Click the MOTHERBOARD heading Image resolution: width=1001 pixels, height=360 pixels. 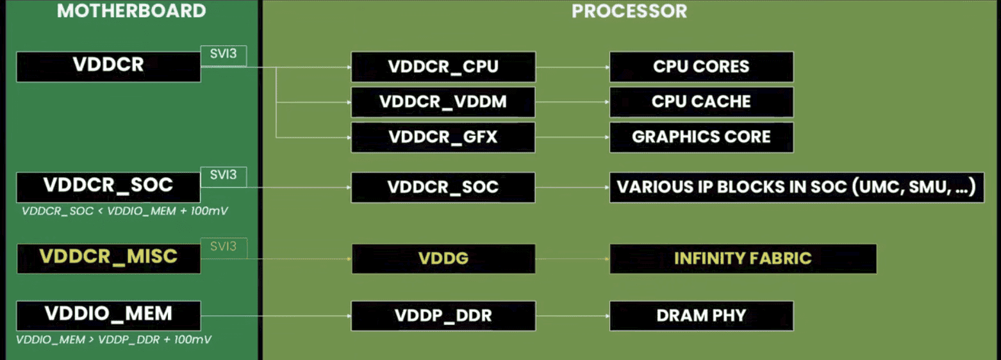(x=131, y=11)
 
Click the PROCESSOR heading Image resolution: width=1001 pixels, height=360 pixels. (x=629, y=11)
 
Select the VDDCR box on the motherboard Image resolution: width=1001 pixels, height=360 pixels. (x=108, y=67)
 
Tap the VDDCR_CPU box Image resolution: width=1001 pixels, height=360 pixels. (x=443, y=67)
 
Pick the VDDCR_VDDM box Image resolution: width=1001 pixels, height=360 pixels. (x=443, y=102)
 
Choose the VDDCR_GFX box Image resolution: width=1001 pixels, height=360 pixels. (x=443, y=137)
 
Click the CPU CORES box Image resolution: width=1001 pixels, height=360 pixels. (x=701, y=67)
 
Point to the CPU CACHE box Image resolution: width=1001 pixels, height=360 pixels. (x=701, y=102)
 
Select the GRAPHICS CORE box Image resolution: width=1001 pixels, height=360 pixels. (x=701, y=137)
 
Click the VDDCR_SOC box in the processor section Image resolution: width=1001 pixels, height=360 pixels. (x=443, y=187)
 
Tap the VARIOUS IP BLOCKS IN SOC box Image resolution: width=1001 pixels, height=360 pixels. (x=796, y=187)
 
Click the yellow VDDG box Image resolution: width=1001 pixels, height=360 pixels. (x=443, y=258)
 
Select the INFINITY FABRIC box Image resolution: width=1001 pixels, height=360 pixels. (x=743, y=258)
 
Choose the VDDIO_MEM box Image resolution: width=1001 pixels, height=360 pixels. (x=108, y=315)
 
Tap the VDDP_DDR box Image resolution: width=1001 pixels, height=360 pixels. (x=443, y=315)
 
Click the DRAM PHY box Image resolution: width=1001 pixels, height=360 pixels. (x=701, y=315)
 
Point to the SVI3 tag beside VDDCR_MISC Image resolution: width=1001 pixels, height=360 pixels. (x=224, y=247)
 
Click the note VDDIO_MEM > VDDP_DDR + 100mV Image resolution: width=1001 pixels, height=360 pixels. (x=114, y=340)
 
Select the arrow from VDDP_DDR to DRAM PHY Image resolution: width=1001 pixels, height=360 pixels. (x=572, y=316)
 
